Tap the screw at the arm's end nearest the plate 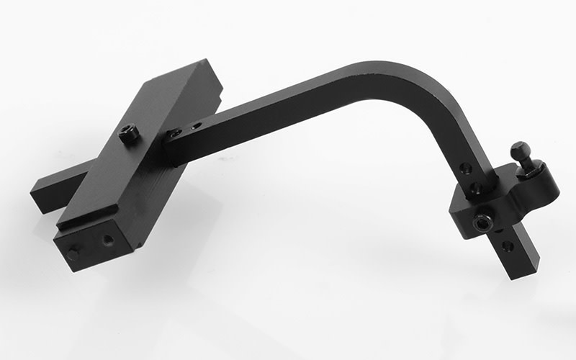coord(175,133)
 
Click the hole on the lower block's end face coord(107,238)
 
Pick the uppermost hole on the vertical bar coord(467,168)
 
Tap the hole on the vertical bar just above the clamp coord(475,188)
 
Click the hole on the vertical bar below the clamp coord(508,246)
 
